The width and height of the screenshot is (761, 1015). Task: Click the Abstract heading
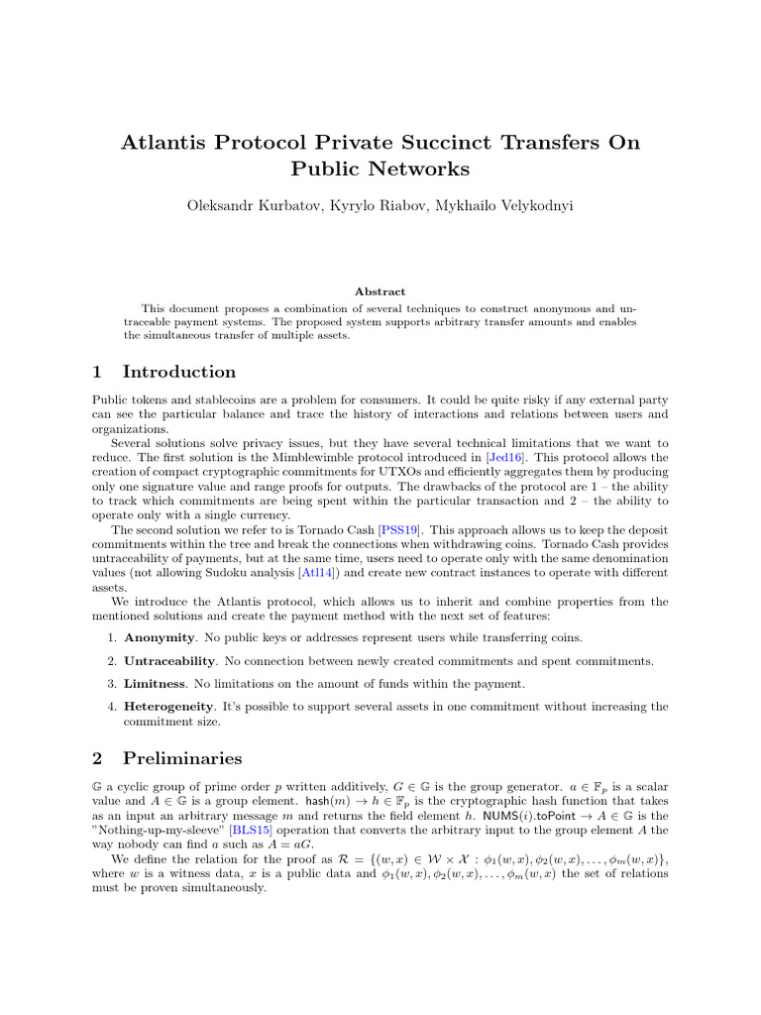[x=380, y=291]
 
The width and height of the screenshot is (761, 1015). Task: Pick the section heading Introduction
[x=178, y=372]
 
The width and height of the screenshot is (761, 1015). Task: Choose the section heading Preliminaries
[x=182, y=758]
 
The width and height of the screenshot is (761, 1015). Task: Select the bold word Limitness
[x=151, y=684]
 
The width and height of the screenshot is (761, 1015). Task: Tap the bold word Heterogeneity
[x=168, y=707]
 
